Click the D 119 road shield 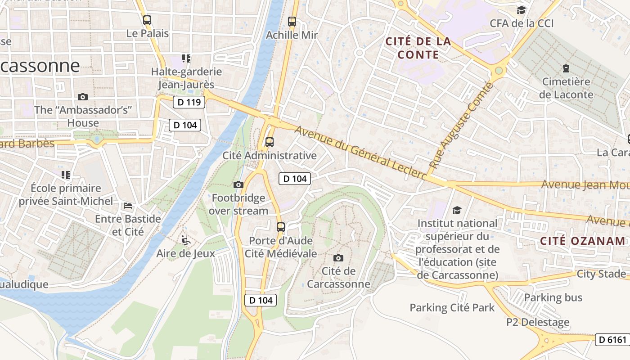pyautogui.click(x=189, y=102)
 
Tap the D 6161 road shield pyautogui.click(x=612, y=340)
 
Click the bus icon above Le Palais pyautogui.click(x=147, y=20)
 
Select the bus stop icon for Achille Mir pyautogui.click(x=292, y=22)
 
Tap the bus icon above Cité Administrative pyautogui.click(x=270, y=142)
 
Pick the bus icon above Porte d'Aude pyautogui.click(x=281, y=227)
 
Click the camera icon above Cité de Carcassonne pyautogui.click(x=338, y=258)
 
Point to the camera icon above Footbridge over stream pyautogui.click(x=238, y=184)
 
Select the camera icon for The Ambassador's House pyautogui.click(x=83, y=97)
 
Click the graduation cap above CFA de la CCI pyautogui.click(x=521, y=10)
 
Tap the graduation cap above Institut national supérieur pyautogui.click(x=457, y=210)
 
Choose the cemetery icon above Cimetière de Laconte pyautogui.click(x=566, y=69)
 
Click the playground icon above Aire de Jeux pyautogui.click(x=185, y=240)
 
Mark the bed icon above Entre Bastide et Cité pyautogui.click(x=128, y=206)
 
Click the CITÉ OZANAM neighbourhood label pyautogui.click(x=583, y=241)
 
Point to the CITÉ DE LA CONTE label pyautogui.click(x=418, y=48)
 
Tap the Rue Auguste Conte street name pyautogui.click(x=461, y=126)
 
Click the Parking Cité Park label pyautogui.click(x=452, y=308)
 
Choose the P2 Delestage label pyautogui.click(x=538, y=322)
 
